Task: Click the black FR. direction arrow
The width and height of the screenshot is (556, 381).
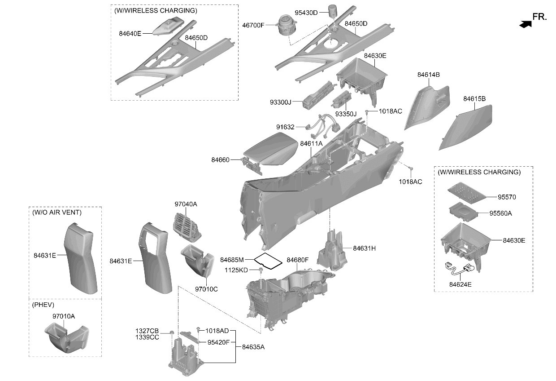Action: [x=526, y=24]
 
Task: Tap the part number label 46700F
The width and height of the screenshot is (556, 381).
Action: [x=253, y=25]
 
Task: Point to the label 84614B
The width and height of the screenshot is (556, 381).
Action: [x=428, y=75]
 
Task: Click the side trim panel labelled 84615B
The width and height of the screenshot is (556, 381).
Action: [x=466, y=127]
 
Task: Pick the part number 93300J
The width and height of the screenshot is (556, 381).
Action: [x=281, y=102]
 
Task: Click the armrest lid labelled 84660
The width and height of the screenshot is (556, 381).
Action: [x=269, y=151]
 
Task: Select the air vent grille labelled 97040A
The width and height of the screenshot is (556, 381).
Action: [x=187, y=227]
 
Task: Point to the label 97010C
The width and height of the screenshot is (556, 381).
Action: [x=206, y=289]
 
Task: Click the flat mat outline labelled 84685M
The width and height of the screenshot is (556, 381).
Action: [x=268, y=261]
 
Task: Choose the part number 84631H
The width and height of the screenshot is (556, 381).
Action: [x=364, y=248]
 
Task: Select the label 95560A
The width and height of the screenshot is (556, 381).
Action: [x=500, y=213]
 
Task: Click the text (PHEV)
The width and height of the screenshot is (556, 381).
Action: [x=43, y=305]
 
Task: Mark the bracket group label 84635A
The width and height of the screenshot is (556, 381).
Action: [x=253, y=347]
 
